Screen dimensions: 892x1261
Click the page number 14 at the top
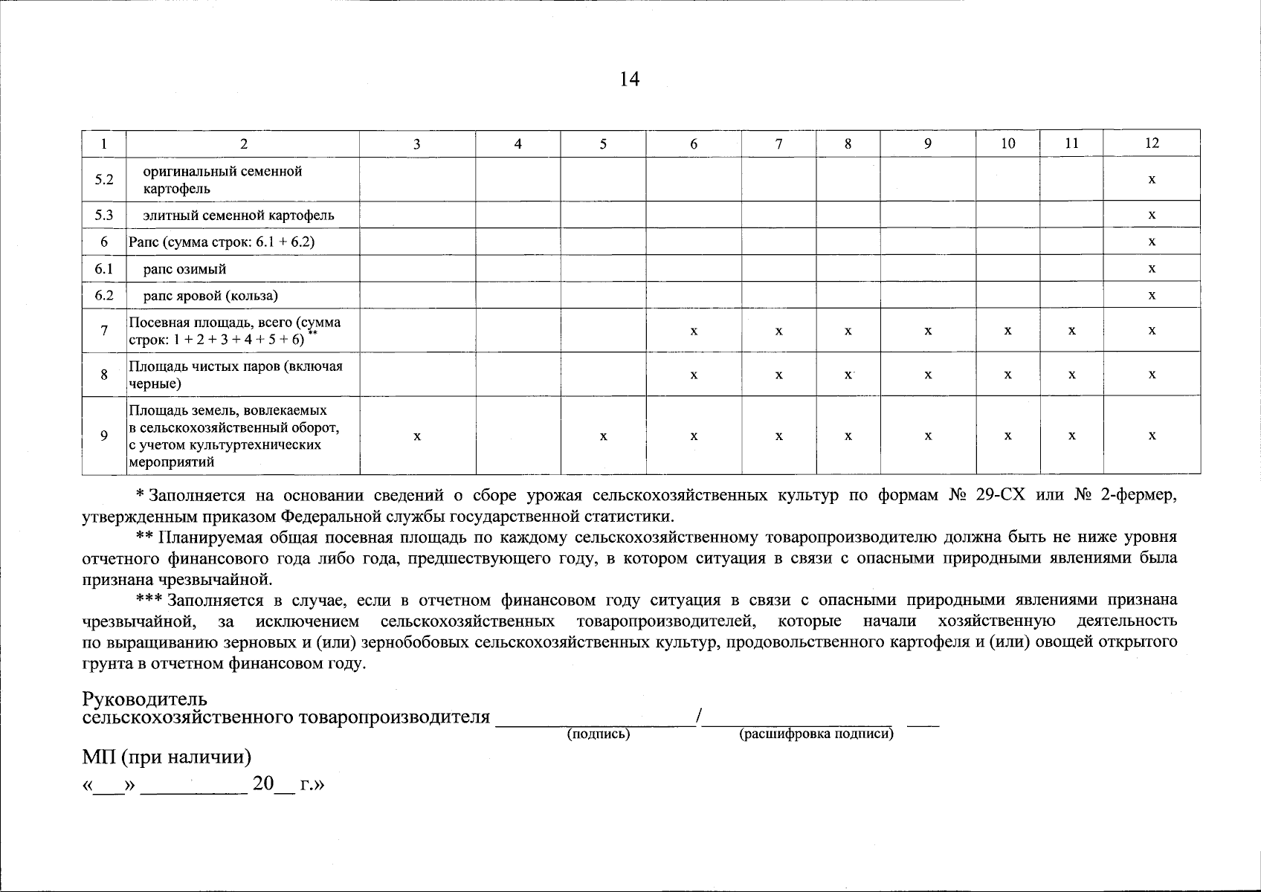[x=629, y=80]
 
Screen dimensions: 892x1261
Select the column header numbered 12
[x=1151, y=143]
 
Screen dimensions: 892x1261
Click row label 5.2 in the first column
[x=104, y=179]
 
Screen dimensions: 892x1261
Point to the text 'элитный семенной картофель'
[x=238, y=215]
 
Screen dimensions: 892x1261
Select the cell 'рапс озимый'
[x=184, y=268]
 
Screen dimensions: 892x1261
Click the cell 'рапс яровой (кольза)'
[x=210, y=295]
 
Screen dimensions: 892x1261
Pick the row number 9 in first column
[x=104, y=436]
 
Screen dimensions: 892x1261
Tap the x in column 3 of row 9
[x=417, y=436]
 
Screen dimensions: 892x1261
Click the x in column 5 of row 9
[x=603, y=436]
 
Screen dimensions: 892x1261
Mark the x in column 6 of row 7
[x=693, y=330]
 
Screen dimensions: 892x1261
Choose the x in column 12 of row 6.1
[x=1151, y=268]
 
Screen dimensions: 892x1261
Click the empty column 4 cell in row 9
[x=517, y=436]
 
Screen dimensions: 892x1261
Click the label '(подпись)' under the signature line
[x=598, y=734]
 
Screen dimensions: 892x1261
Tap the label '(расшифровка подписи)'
[x=816, y=734]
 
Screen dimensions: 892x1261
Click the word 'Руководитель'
[x=144, y=699]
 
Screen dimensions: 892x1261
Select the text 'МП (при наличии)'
[x=167, y=757]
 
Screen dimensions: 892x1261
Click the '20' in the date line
[x=263, y=784]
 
